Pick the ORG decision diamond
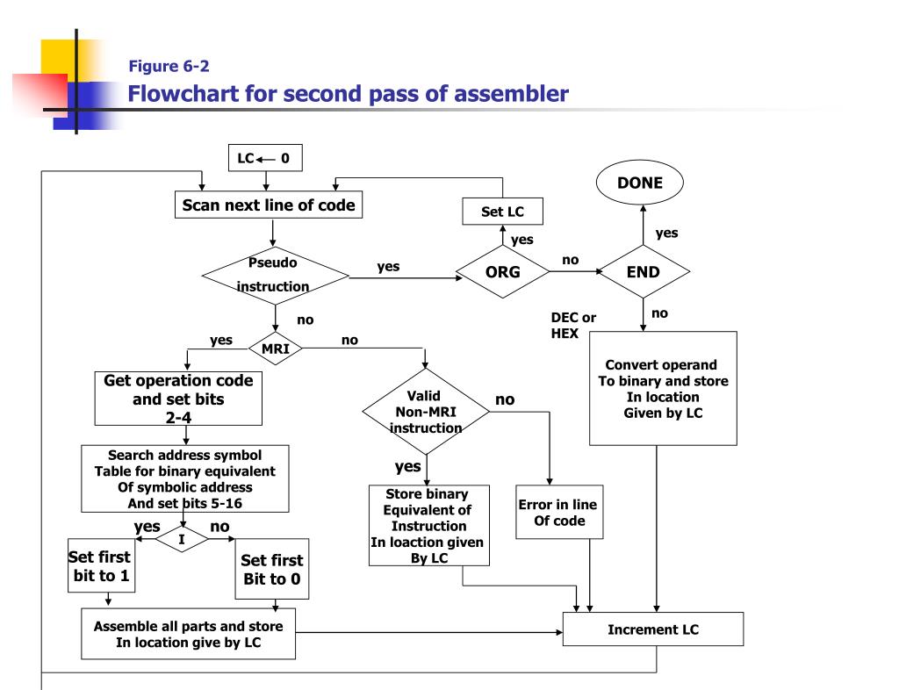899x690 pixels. [503, 272]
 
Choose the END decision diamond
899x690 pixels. [642, 272]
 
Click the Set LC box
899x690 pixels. [501, 212]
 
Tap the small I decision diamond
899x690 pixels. [182, 539]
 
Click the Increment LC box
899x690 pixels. [652, 630]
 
